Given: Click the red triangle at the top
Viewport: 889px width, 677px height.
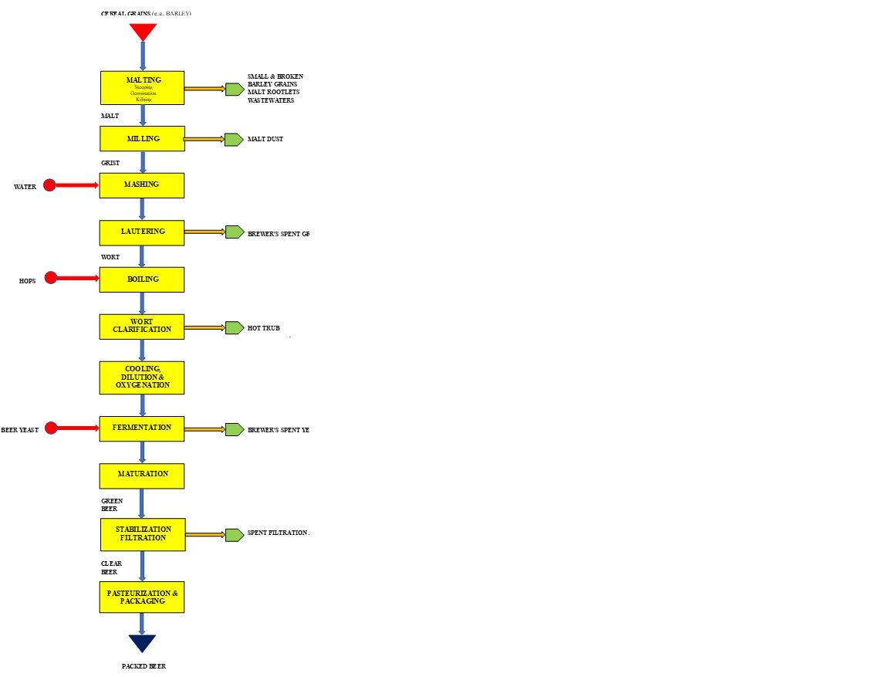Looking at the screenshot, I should (143, 31).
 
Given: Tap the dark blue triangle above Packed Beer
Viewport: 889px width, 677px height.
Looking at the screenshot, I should (142, 642).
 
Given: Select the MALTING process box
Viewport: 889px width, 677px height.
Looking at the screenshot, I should (142, 88).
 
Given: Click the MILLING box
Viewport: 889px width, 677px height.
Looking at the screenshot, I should (142, 139).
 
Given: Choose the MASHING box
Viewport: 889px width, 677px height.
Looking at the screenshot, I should (142, 185).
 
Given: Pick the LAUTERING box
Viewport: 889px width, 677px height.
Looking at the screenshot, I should (142, 232).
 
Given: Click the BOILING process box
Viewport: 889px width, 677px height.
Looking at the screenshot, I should (142, 279).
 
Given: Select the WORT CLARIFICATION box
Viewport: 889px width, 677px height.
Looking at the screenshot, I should (142, 327).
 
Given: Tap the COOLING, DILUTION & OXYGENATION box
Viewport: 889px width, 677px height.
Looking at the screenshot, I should (142, 377).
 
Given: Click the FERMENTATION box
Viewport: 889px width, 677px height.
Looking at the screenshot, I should (142, 428).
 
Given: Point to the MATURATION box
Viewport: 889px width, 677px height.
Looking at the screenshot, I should (142, 476).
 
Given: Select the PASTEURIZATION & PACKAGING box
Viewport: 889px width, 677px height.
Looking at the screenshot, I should (142, 597).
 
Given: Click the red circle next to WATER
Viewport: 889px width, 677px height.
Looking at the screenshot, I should (49, 185).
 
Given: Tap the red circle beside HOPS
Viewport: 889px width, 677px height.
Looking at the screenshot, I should (51, 278).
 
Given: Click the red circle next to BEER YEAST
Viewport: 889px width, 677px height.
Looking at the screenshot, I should (51, 428).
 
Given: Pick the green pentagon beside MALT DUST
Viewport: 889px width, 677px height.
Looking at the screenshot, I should (234, 140).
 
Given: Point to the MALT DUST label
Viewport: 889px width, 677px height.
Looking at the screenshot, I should (265, 140).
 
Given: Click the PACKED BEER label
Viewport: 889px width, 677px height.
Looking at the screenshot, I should (144, 666).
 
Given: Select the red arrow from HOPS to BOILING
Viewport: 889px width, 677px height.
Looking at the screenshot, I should (77, 278).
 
